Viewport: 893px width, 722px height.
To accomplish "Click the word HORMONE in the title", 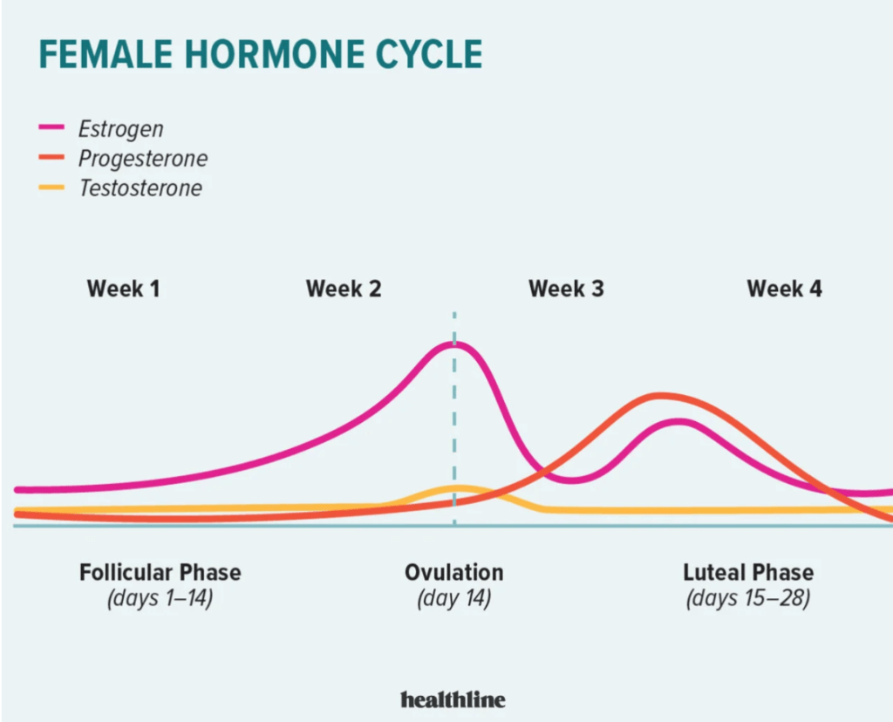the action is click(x=276, y=55).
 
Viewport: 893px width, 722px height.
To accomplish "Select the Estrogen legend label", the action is click(x=120, y=130).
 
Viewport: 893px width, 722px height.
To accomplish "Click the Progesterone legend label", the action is click(x=143, y=159).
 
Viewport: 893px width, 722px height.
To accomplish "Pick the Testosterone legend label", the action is click(x=140, y=187).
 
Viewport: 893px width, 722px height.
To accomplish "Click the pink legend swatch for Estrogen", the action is click(x=51, y=127).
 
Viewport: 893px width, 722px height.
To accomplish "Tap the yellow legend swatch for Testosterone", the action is click(x=51, y=187).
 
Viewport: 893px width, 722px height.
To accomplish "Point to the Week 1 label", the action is click(x=123, y=289).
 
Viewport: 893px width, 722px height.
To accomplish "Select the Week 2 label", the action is click(x=344, y=289).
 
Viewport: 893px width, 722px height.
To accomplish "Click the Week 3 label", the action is click(x=566, y=289).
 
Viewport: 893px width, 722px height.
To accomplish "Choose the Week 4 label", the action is click(x=784, y=289).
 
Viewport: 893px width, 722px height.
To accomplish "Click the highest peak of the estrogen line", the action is click(x=454, y=344).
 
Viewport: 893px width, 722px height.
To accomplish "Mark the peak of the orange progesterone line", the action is click(x=661, y=396).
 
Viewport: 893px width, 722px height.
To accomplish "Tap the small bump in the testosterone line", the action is click(x=459, y=488).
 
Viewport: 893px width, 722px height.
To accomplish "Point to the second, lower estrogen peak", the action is click(x=680, y=422).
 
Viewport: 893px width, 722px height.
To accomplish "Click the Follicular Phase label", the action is click(x=160, y=572).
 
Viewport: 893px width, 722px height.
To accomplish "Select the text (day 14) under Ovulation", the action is click(x=453, y=598).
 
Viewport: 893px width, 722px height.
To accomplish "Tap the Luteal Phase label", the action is click(x=748, y=572).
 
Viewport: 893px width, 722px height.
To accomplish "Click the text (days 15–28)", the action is click(x=748, y=598).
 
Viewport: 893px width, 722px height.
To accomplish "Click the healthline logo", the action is click(x=453, y=699).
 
